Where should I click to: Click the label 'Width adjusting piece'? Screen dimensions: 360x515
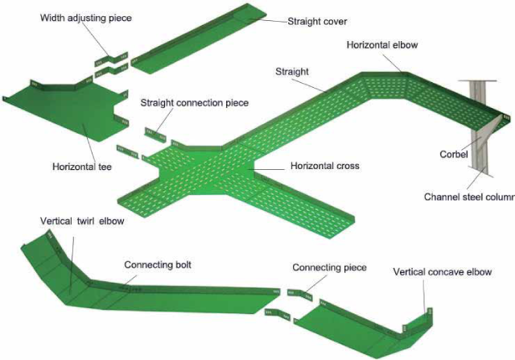pos(85,17)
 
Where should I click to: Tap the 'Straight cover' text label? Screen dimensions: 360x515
pos(318,23)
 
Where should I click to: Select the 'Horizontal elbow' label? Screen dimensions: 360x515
pos(382,45)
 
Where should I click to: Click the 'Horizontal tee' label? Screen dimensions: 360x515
pos(81,167)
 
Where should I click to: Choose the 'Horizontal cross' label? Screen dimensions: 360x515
pos(324,167)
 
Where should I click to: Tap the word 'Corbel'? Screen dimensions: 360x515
pos(454,154)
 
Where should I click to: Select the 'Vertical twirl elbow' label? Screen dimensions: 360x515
pos(82,221)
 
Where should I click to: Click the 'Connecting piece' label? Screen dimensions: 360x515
pos(329,267)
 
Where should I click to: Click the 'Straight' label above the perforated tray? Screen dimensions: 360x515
pos(292,72)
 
